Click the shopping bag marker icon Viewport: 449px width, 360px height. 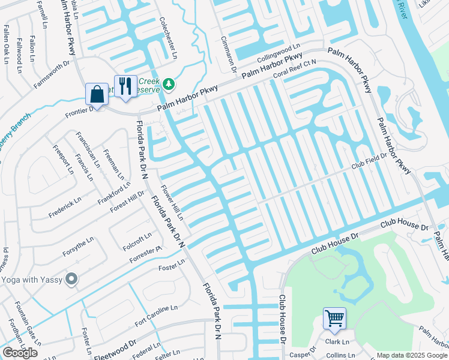(x=97, y=94)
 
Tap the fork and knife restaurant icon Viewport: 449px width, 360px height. (x=125, y=86)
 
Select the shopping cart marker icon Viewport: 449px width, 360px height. (x=334, y=317)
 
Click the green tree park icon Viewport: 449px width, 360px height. (x=170, y=84)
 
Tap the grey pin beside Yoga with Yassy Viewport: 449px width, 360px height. (x=72, y=279)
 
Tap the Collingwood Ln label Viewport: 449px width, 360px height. (x=279, y=55)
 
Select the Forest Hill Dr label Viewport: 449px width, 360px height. (x=127, y=201)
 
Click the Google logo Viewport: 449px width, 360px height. (x=20, y=353)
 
